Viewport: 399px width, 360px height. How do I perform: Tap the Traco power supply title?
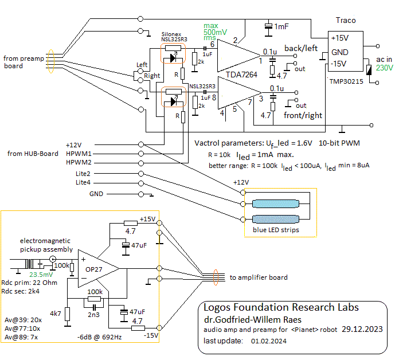(x=345, y=21)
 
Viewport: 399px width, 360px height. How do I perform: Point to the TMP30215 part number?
(x=346, y=81)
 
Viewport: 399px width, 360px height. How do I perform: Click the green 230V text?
(x=385, y=68)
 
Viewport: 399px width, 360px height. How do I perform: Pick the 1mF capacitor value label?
(x=281, y=27)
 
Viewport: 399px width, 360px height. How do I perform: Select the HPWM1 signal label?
(x=79, y=154)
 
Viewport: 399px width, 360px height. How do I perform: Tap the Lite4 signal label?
(x=83, y=182)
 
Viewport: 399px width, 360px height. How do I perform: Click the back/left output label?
(x=301, y=48)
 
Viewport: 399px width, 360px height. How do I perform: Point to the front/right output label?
(x=303, y=115)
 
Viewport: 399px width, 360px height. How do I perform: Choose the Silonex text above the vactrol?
(x=171, y=34)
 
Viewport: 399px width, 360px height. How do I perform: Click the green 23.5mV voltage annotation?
(x=36, y=274)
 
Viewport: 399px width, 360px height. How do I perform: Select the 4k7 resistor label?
(x=56, y=314)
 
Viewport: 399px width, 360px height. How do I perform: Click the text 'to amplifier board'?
(x=259, y=278)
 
